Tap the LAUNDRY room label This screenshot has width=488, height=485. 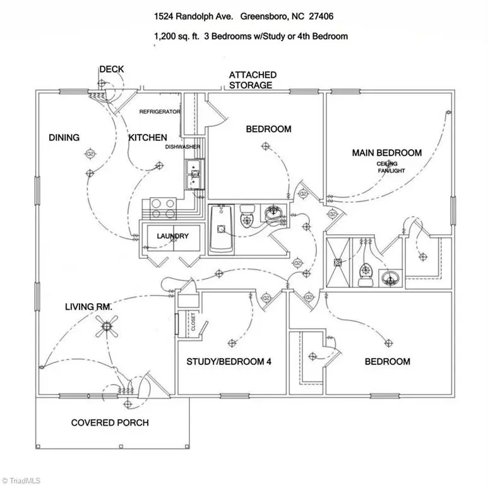pyautogui.click(x=172, y=236)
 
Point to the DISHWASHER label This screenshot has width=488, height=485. pyautogui.click(x=183, y=147)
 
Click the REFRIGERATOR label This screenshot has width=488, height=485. pyautogui.click(x=160, y=112)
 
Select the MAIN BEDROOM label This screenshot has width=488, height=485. pyautogui.click(x=386, y=153)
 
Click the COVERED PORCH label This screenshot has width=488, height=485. pyautogui.click(x=110, y=422)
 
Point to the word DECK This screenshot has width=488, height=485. pyautogui.click(x=112, y=69)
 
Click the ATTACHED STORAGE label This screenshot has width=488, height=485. pyautogui.click(x=252, y=80)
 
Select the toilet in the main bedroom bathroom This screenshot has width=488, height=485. pyautogui.click(x=366, y=273)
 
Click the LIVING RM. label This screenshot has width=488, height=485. pyautogui.click(x=88, y=307)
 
